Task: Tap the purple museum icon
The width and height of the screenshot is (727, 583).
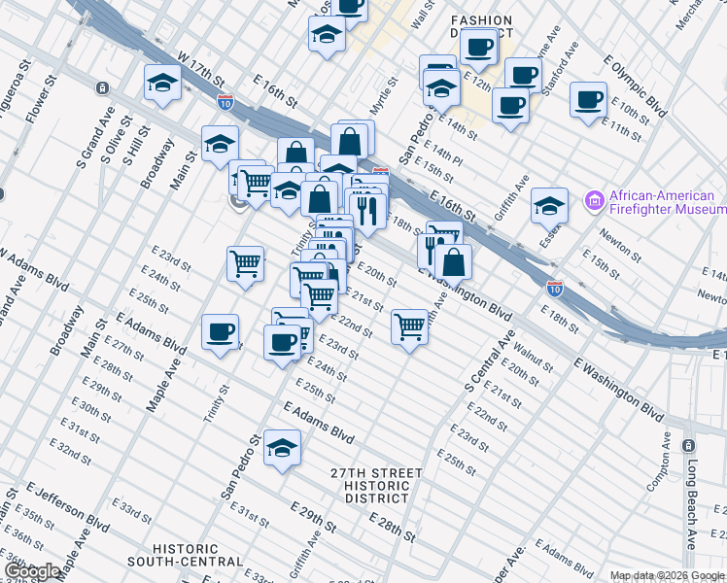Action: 593,201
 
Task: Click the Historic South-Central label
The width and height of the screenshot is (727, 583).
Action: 198,555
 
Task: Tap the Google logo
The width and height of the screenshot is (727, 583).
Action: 32,571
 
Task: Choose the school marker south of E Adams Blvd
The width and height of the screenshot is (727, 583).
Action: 282,448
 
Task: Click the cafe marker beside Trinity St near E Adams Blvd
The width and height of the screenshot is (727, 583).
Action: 221,333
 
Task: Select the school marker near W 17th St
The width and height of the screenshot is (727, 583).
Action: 162,83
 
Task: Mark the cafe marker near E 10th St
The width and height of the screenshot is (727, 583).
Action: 588,99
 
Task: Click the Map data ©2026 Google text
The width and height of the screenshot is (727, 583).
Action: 666,575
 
